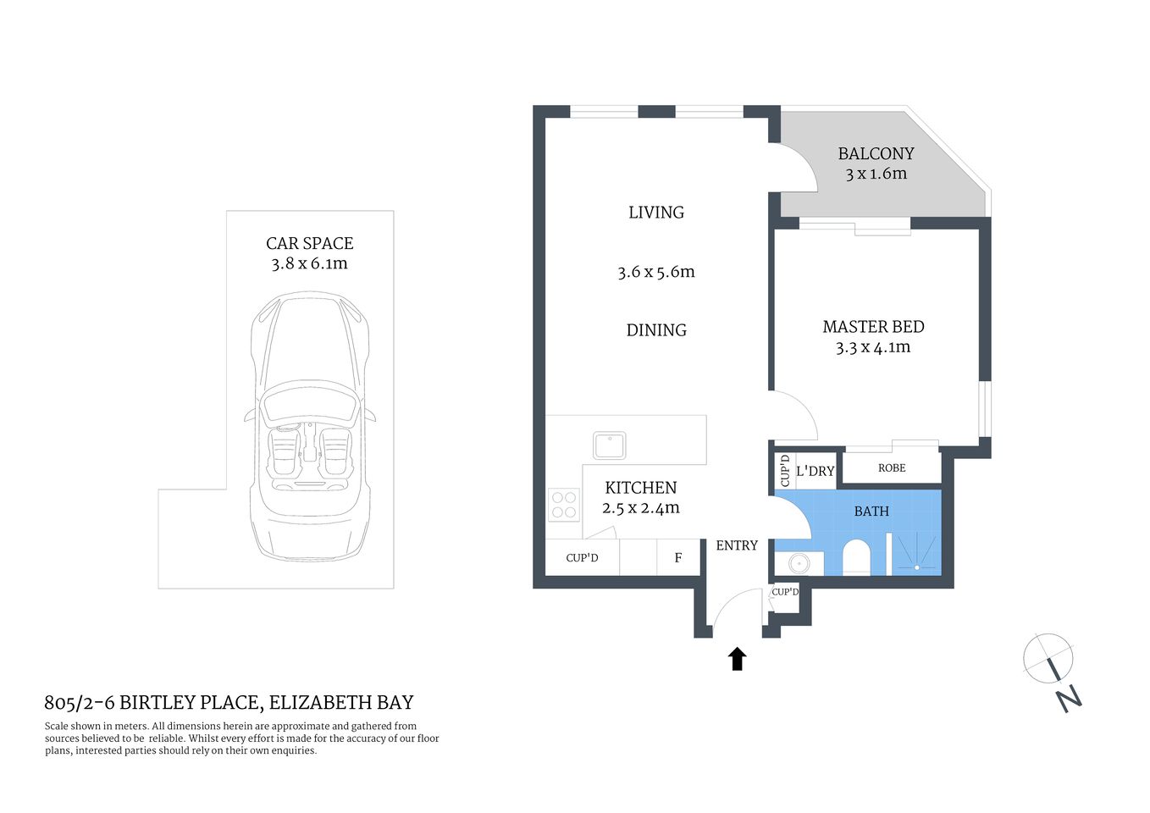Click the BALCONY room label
click(x=876, y=153)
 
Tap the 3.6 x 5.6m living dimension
click(x=655, y=272)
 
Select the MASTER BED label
click(x=873, y=327)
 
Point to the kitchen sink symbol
click(x=609, y=445)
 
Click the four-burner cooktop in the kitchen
click(x=564, y=505)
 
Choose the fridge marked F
click(x=678, y=558)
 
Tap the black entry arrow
click(x=737, y=659)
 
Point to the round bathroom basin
click(x=798, y=563)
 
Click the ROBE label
click(x=892, y=468)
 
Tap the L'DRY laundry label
click(x=815, y=472)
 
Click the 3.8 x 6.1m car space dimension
click(x=309, y=263)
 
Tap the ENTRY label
click(x=737, y=546)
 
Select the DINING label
click(x=656, y=330)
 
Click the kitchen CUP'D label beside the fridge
click(x=582, y=558)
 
